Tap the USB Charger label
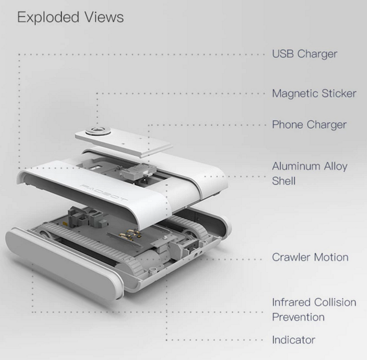(305, 54)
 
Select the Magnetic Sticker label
(314, 93)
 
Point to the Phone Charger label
(309, 124)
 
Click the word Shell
(284, 181)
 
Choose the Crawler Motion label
(310, 258)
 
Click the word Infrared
(292, 303)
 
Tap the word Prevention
(298, 317)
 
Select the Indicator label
(294, 340)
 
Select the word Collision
(335, 303)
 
